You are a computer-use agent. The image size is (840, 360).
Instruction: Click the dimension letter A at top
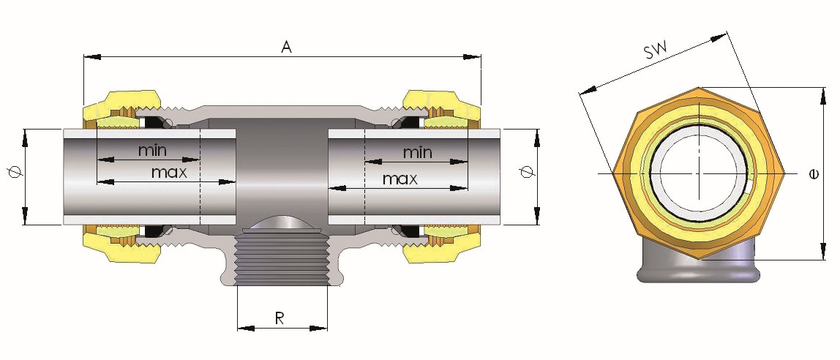[287, 47]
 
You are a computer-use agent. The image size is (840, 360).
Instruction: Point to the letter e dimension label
[814, 174]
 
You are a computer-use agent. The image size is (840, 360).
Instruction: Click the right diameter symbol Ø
[525, 174]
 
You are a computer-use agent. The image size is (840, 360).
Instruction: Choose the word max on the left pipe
[170, 173]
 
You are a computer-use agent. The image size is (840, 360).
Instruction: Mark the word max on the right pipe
[400, 179]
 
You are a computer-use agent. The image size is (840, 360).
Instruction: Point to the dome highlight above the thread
[282, 223]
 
